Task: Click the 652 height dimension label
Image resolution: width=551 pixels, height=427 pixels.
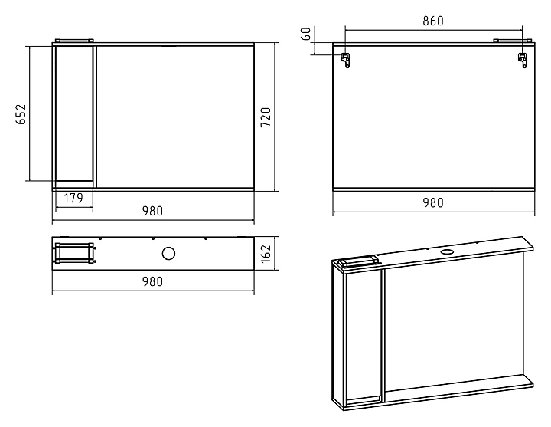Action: (x=21, y=114)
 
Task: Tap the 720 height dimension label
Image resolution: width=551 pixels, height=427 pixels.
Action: (x=266, y=117)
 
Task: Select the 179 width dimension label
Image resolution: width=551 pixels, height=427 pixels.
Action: (x=73, y=199)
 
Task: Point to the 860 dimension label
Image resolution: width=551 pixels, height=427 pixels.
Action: (x=433, y=21)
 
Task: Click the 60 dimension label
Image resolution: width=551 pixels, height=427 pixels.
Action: (x=306, y=34)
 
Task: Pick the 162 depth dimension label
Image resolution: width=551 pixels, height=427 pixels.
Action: (x=266, y=254)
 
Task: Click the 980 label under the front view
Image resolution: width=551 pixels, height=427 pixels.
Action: (x=152, y=211)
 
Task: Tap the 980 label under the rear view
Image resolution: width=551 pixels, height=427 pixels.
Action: (x=433, y=202)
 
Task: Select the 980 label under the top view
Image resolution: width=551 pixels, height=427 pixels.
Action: (x=152, y=281)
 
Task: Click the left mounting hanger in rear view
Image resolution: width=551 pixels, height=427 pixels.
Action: (x=345, y=61)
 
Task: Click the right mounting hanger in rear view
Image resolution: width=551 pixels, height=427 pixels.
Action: (x=523, y=61)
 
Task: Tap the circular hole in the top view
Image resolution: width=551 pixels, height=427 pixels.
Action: (x=168, y=254)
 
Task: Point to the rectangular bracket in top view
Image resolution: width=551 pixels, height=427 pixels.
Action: (x=74, y=253)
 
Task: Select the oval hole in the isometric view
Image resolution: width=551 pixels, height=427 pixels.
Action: (x=447, y=251)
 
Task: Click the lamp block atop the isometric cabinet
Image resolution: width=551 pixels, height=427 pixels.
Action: (x=358, y=262)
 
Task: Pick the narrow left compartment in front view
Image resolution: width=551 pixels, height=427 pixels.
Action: (x=74, y=113)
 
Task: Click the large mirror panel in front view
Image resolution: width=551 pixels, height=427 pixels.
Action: (x=175, y=117)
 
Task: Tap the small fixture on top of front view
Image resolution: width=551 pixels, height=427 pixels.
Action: (x=74, y=41)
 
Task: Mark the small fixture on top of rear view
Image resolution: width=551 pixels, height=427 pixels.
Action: (x=513, y=41)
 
